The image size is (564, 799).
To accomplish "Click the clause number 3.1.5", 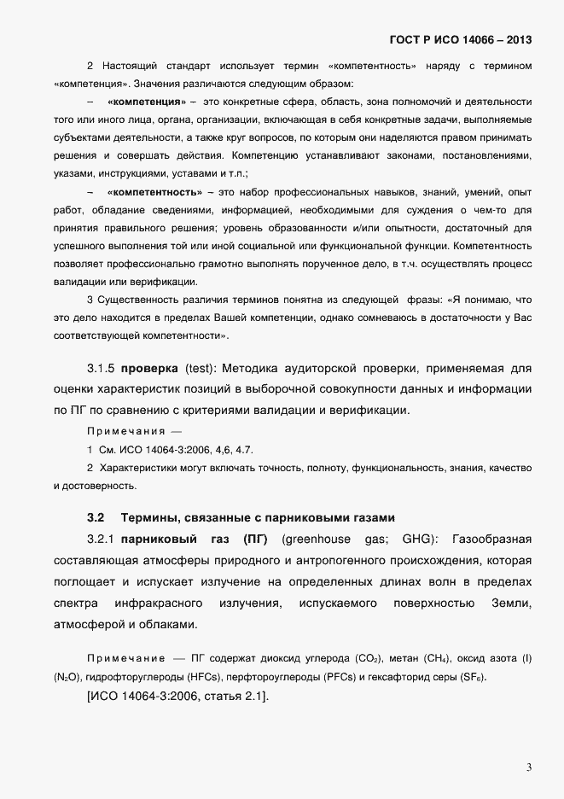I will (100, 369).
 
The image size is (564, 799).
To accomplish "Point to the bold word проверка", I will (148, 369).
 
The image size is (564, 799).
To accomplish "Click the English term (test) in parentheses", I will (203, 369).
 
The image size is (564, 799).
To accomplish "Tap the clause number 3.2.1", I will (100, 539).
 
